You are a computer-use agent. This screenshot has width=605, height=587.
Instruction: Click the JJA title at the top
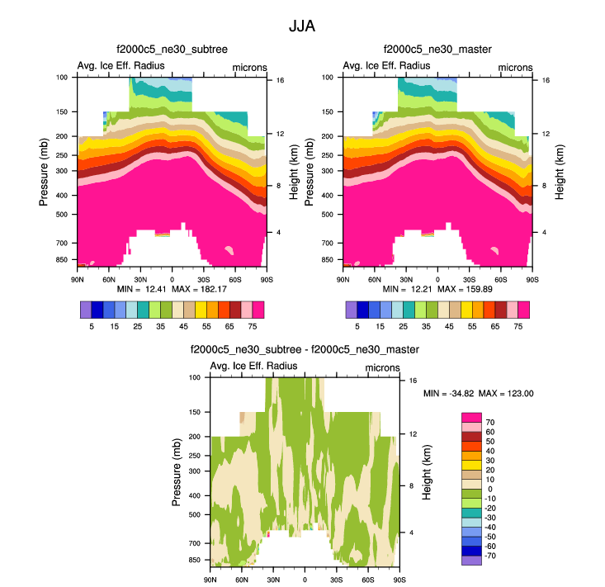(x=301, y=26)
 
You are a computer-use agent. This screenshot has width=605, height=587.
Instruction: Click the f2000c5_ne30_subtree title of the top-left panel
(x=172, y=50)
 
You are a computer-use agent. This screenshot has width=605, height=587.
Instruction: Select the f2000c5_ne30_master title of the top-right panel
(x=437, y=50)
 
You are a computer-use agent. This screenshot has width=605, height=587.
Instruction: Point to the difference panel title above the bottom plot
(x=305, y=350)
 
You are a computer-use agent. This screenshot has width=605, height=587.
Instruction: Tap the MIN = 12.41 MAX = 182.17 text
(x=172, y=290)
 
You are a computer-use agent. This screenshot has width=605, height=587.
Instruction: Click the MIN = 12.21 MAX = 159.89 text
(x=437, y=290)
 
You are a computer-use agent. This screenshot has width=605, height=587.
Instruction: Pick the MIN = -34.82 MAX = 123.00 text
(x=479, y=394)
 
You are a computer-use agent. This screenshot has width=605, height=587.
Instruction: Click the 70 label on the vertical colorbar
(x=489, y=422)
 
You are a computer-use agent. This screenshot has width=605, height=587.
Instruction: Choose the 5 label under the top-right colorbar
(x=357, y=327)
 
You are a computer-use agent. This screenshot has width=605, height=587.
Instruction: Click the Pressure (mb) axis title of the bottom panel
(x=177, y=471)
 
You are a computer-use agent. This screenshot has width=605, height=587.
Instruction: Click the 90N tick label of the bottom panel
(x=210, y=580)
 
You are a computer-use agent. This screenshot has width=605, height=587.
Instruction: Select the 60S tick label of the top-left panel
(x=235, y=279)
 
